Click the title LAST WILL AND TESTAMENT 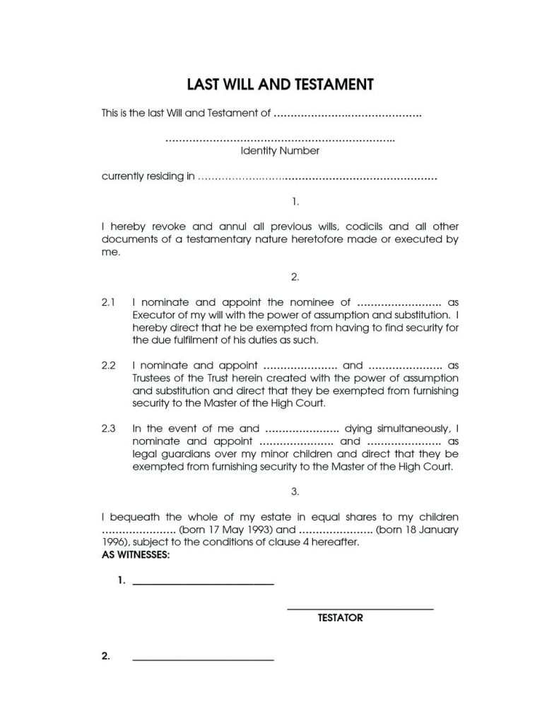279,85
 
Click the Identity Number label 280,150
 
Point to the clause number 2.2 108,365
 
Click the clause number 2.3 108,428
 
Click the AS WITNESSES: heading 136,555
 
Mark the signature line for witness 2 203,659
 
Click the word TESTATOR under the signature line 340,618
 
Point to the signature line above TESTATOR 360,609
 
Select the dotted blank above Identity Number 279,139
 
